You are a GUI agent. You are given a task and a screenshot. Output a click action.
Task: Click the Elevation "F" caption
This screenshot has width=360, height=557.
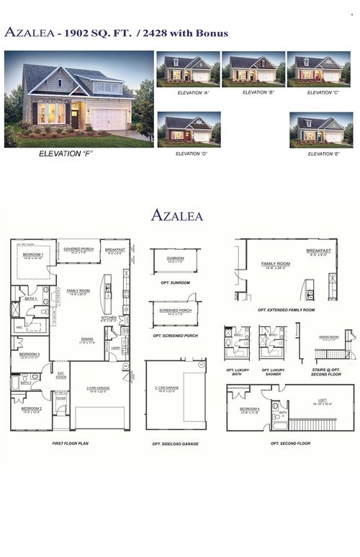tap(66, 153)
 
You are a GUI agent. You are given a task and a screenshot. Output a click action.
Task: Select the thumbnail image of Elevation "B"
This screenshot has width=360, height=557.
tap(251, 68)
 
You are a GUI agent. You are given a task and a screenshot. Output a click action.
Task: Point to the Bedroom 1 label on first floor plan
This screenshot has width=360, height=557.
tap(32, 254)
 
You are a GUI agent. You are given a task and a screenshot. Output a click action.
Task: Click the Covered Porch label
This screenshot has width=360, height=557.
tap(78, 249)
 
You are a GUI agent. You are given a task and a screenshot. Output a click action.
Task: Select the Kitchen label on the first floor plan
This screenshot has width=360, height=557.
tap(109, 317)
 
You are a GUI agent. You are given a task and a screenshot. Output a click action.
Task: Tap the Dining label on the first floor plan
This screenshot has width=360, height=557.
tap(86, 339)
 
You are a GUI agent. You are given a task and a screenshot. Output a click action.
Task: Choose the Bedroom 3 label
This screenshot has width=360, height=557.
tap(29, 355)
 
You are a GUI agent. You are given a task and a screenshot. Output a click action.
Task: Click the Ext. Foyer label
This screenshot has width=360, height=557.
tap(61, 375)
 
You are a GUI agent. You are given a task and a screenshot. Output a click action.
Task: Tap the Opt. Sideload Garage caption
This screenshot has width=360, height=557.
tap(176, 444)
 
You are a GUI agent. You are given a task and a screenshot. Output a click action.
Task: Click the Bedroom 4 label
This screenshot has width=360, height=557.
tap(250, 409)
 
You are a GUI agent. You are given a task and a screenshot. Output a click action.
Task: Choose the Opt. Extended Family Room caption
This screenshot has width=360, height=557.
tap(286, 310)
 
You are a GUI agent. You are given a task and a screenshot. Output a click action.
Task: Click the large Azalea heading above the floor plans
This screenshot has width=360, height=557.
tap(177, 215)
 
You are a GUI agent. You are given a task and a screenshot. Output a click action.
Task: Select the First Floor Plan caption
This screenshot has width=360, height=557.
tap(69, 444)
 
